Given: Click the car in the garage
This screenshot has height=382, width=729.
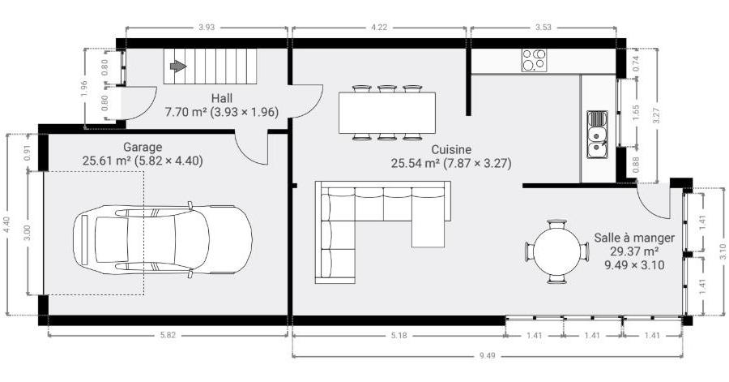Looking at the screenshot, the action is point(162,239).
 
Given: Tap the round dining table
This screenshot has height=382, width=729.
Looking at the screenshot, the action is point(557,251).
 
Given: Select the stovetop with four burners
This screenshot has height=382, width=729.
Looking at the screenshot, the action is point(534,60).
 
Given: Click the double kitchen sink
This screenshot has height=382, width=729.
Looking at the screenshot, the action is point(597,135).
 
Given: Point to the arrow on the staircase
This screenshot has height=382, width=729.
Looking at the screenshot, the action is point(178,66).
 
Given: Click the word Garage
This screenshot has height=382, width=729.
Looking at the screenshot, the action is point(143,147).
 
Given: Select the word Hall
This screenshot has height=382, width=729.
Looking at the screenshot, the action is point(222,99).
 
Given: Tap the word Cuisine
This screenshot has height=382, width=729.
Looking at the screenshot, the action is point(451,150).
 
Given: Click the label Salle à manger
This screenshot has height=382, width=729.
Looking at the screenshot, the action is point(634,238).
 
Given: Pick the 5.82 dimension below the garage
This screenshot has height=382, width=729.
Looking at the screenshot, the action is point(168,334).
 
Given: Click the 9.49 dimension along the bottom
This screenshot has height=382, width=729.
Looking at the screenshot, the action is point(488,356).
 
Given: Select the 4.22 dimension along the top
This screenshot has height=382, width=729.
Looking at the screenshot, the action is point(379,28).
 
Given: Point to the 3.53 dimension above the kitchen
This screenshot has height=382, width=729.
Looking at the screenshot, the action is point(543,28).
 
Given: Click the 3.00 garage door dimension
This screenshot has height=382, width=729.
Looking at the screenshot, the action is point(28,233).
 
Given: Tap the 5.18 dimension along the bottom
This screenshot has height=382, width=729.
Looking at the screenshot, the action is point(399,334).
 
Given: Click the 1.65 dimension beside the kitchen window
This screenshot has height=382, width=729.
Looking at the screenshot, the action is point(636,113).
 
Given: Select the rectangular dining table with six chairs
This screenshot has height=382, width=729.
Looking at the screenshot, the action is point(387,113).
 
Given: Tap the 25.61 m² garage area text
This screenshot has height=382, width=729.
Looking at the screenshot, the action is point(105,161).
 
